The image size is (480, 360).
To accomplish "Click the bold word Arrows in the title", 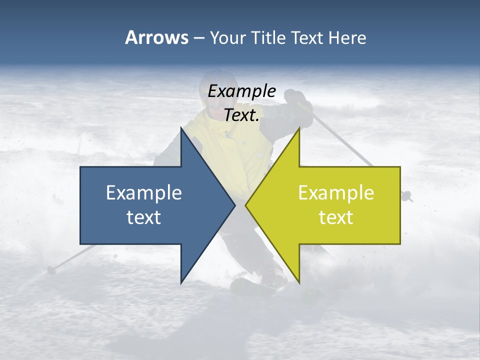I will click(x=156, y=37).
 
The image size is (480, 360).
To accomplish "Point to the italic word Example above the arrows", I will click(x=241, y=91).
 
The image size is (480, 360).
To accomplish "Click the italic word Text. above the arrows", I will click(x=241, y=115).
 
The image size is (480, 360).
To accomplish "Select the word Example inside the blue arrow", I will click(x=144, y=192).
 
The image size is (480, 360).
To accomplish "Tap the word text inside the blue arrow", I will click(x=144, y=217).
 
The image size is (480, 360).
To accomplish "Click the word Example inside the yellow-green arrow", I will click(x=336, y=192).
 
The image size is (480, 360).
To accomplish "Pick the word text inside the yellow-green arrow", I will click(x=336, y=217).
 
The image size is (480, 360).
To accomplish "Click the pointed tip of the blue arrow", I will click(x=234, y=205).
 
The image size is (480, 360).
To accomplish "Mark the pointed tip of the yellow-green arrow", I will click(x=246, y=205).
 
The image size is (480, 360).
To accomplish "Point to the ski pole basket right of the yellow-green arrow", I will click(x=406, y=195).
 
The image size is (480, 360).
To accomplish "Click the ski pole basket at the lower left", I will click(x=50, y=270).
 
